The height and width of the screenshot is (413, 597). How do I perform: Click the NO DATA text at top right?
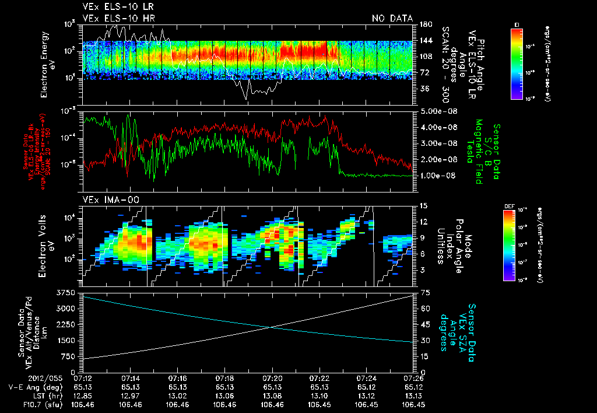click(x=392, y=18)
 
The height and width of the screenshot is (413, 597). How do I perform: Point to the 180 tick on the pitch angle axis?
click(x=424, y=24)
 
